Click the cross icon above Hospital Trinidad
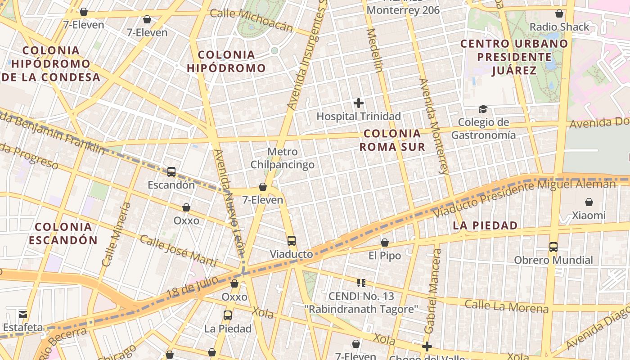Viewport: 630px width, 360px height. tap(359, 103)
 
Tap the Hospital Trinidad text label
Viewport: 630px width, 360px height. tap(359, 116)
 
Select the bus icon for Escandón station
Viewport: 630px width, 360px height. tap(171, 171)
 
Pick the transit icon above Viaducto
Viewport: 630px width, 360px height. tap(292, 240)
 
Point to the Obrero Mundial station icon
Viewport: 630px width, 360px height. tap(553, 247)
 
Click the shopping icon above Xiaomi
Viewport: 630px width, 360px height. tap(589, 202)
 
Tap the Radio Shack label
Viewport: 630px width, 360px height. tap(559, 27)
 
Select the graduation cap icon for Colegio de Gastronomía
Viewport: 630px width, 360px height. tap(483, 109)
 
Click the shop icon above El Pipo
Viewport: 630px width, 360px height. tap(385, 243)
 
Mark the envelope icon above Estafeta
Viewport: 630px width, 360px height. tap(23, 314)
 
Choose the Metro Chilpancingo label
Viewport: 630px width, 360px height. tap(282, 158)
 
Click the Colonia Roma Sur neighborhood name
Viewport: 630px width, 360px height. tap(392, 140)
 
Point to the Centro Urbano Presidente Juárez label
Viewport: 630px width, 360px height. tap(514, 57)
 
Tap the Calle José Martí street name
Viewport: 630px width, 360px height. tap(179, 251)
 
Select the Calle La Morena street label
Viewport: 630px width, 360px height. tap(507, 306)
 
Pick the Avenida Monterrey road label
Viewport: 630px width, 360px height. tap(434, 126)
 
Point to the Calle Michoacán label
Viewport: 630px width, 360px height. tap(252, 20)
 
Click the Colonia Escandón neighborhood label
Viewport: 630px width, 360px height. tap(63, 233)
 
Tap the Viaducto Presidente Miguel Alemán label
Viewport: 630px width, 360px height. tap(525, 197)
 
